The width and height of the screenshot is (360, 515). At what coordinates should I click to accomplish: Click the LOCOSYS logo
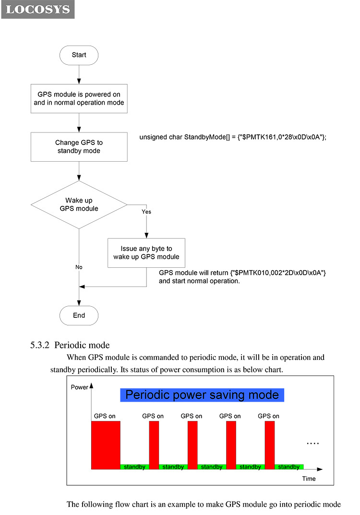[38, 9]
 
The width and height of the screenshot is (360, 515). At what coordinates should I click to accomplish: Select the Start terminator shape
[79, 55]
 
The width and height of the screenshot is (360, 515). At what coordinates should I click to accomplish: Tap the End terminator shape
[79, 316]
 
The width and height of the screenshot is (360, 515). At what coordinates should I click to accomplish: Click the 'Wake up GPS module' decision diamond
[79, 204]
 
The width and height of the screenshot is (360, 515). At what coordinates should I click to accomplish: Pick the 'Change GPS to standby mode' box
[79, 147]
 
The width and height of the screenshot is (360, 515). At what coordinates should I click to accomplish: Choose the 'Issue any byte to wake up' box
[146, 253]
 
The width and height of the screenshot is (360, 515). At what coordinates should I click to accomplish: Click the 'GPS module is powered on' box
[79, 98]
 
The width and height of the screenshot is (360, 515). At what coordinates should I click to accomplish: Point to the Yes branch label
[146, 212]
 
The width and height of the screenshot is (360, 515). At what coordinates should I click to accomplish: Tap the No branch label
[79, 267]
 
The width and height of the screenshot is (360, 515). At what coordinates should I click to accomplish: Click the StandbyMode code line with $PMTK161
[233, 137]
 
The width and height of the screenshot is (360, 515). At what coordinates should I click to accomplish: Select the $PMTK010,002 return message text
[242, 273]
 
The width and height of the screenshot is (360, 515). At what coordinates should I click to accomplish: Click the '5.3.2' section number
[40, 345]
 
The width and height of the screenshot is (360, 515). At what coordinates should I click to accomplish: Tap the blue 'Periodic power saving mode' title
[202, 395]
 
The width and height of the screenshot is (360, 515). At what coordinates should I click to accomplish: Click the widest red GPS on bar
[106, 445]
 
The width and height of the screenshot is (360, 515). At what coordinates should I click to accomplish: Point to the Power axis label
[80, 387]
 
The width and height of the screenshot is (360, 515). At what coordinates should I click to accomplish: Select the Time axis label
[309, 479]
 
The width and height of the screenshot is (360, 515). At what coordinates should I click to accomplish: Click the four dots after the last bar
[312, 444]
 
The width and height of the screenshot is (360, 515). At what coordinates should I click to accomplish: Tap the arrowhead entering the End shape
[79, 303]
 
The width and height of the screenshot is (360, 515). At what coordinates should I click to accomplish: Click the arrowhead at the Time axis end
[320, 469]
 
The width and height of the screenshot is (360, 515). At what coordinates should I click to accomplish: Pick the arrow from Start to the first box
[79, 74]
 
